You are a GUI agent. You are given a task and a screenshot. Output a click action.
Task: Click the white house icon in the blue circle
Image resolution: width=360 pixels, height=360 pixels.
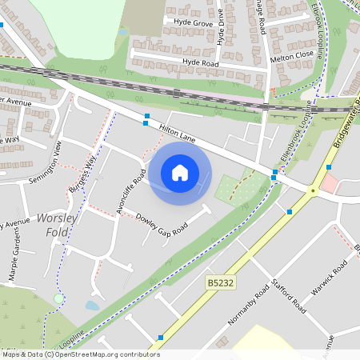[180, 173]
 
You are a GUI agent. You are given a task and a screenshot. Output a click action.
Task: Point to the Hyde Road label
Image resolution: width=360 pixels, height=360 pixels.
[200, 62]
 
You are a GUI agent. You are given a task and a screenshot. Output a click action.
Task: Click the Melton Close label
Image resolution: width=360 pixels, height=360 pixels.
[292, 57]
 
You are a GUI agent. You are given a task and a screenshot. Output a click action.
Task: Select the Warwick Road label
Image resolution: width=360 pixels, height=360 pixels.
[330, 277]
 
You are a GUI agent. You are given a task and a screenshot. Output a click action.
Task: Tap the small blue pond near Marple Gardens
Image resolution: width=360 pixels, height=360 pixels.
[92, 305]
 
